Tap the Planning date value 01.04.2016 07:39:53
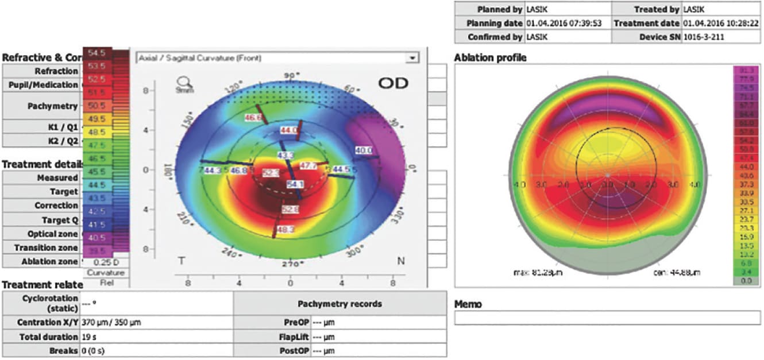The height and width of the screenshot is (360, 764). coord(565,24)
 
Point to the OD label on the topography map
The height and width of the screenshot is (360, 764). coord(393,83)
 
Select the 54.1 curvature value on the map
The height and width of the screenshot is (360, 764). coord(294,184)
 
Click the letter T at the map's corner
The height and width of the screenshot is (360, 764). coord(182,261)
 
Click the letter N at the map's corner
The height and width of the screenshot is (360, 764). coord(400,261)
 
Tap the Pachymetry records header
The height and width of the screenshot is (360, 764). coord(339,304)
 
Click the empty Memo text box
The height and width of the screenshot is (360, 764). coord(607,318)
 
